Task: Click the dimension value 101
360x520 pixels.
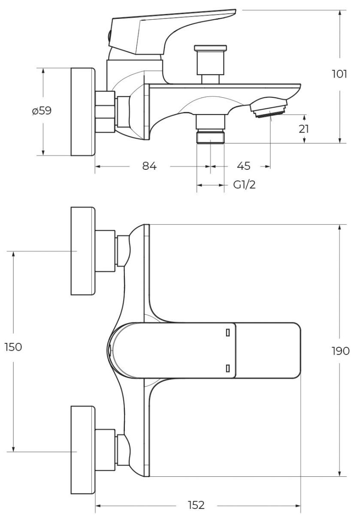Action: pos(339,74)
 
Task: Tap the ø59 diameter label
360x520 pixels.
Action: pos(42,111)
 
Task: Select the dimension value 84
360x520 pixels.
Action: pos(149,166)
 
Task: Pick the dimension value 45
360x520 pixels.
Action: pos(243,166)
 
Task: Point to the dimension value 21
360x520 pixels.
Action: pos(304,129)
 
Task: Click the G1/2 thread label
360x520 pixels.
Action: pos(245,185)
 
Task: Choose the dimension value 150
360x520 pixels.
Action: pos(13,347)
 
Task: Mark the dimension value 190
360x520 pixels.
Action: pos(340,351)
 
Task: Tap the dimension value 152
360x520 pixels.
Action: pos(196,505)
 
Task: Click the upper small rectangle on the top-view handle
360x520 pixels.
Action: pos(228,332)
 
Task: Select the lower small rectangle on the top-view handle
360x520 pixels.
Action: pos(228,368)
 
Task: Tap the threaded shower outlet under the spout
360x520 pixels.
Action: pos(210,137)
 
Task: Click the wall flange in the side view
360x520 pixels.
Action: pos(82,111)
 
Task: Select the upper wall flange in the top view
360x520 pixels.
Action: pos(82,251)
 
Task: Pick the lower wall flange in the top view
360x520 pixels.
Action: pos(82,450)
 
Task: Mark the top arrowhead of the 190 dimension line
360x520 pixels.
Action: pos(340,228)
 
